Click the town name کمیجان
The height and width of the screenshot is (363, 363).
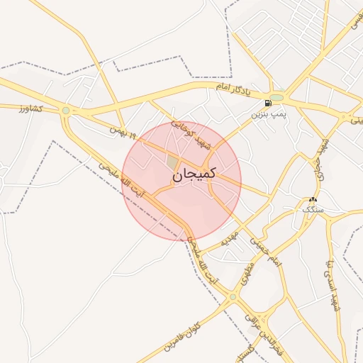coord(192,174)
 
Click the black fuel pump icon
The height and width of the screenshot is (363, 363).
coord(267,103)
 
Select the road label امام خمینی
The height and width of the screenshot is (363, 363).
coord(264,252)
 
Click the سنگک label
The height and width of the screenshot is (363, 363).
coord(312,211)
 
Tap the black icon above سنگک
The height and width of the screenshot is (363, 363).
coord(313,200)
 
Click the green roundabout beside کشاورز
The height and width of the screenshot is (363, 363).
coord(66,111)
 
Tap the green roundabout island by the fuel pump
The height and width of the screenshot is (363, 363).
coord(277,97)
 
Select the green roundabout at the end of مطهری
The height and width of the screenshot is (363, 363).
coord(232,297)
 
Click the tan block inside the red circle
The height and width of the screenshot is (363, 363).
coord(172,162)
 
